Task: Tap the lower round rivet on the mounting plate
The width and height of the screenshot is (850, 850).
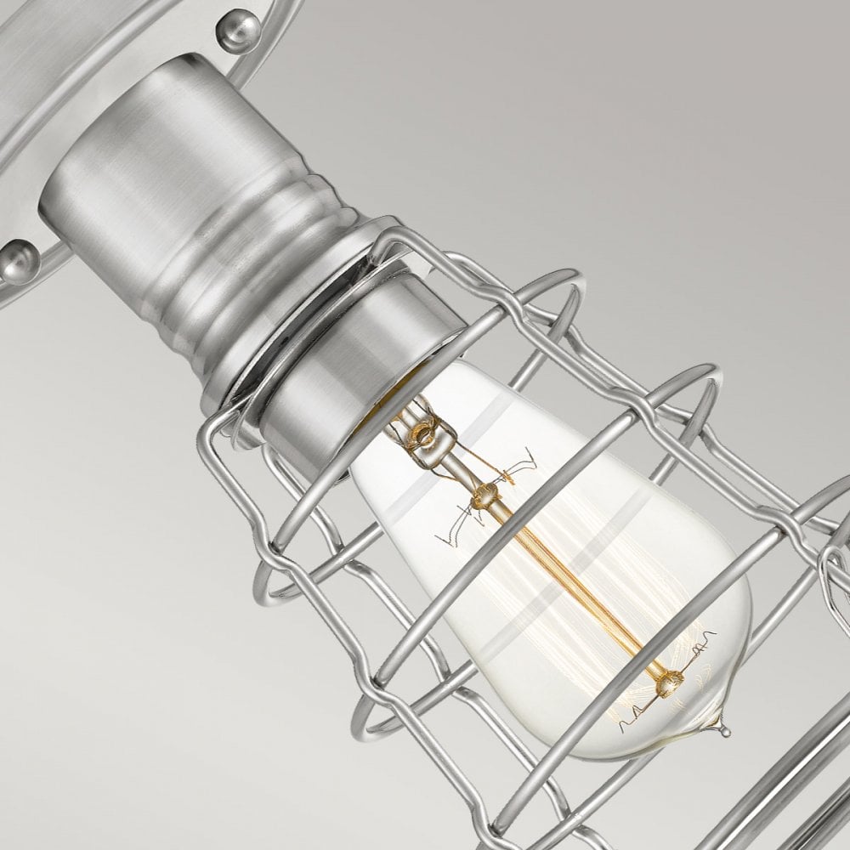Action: click(18, 262)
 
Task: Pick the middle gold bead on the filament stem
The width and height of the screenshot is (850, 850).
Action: click(487, 494)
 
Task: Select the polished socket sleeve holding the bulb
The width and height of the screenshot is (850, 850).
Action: click(340, 374)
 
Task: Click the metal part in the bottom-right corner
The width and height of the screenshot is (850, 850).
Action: click(799, 799)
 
